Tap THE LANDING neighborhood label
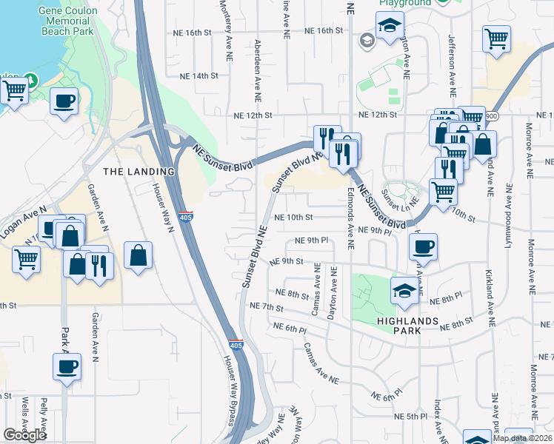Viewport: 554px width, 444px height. click(x=138, y=171)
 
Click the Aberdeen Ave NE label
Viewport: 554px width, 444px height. click(x=258, y=71)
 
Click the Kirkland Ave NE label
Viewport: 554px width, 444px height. click(x=489, y=284)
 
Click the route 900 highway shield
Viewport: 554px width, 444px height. click(x=493, y=116)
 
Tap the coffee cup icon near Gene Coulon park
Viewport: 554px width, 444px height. click(x=64, y=101)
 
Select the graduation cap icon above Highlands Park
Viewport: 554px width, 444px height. click(x=404, y=289)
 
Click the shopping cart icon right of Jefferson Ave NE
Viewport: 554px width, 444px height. click(x=496, y=38)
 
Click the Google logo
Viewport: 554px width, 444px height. click(x=25, y=435)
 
